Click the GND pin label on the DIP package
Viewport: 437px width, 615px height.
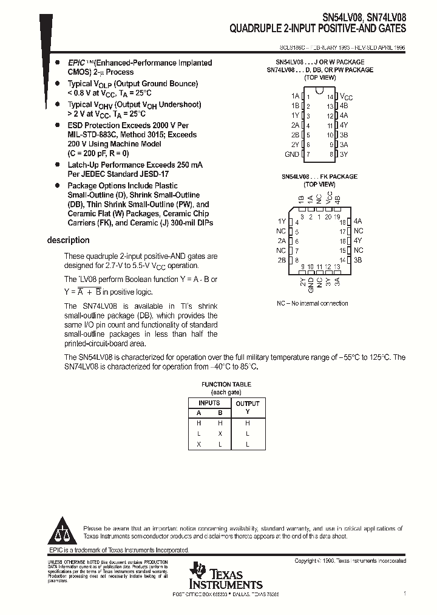pos(291,154)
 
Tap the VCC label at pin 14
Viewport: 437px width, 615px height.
pos(346,97)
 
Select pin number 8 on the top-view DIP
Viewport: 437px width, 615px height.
pos(331,154)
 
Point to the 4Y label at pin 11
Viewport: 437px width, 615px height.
pos(344,125)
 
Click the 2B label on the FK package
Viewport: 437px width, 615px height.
pos(281,260)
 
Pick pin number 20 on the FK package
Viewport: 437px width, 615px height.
pos(329,216)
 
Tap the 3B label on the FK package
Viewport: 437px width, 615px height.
pos(358,260)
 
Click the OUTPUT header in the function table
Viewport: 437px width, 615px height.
pos(247,404)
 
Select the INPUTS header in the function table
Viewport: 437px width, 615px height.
pos(209,403)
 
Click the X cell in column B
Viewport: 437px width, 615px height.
pos(220,434)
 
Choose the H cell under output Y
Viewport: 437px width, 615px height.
pos(247,423)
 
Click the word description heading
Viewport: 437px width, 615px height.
pos(69,240)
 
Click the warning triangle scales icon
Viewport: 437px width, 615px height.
pos(63,532)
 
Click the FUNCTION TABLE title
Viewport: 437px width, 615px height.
pos(226,384)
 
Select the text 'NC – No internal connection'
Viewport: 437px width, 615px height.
pos(313,303)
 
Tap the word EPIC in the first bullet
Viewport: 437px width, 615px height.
pos(76,63)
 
